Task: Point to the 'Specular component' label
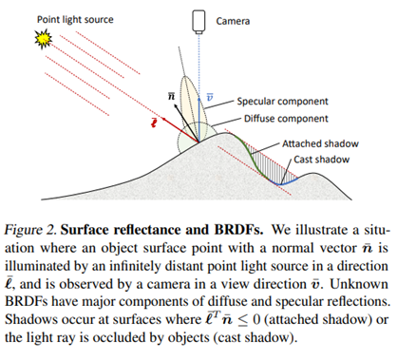pos(281,101)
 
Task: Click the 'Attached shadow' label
pos(320,142)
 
